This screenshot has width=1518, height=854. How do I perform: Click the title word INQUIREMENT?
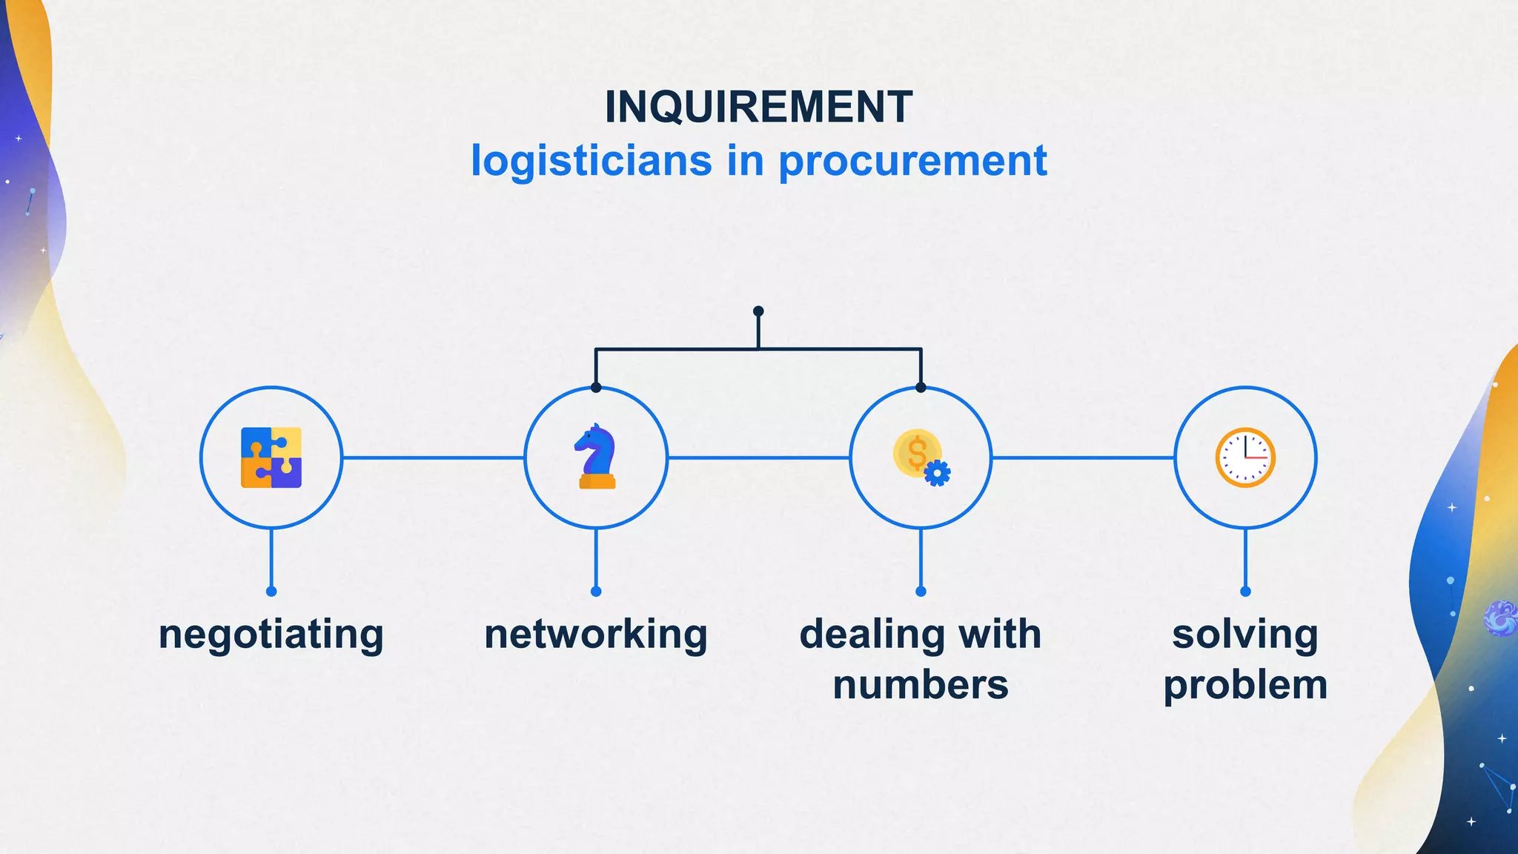click(x=758, y=107)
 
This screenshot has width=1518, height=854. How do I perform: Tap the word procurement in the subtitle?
click(x=912, y=161)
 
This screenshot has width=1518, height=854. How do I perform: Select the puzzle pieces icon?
click(x=271, y=457)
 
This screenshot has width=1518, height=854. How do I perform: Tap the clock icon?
click(x=1245, y=457)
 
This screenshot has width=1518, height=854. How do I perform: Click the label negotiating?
click(x=271, y=635)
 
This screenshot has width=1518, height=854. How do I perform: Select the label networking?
click(x=596, y=635)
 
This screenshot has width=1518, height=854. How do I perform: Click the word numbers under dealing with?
click(x=921, y=685)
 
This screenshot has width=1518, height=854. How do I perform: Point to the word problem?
click(x=1245, y=685)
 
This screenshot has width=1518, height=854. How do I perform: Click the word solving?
click(x=1245, y=635)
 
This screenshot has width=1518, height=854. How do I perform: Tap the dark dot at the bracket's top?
click(x=758, y=311)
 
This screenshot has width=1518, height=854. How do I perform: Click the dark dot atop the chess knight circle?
click(x=596, y=388)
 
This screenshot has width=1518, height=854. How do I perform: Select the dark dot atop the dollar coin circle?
click(x=921, y=388)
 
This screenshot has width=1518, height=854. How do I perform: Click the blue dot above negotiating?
click(x=271, y=592)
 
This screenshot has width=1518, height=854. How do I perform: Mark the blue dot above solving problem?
click(x=1245, y=592)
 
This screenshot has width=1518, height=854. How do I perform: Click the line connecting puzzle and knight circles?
click(x=434, y=457)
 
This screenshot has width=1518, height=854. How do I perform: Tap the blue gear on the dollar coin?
click(x=938, y=473)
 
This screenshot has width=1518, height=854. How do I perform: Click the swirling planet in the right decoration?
click(x=1501, y=618)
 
